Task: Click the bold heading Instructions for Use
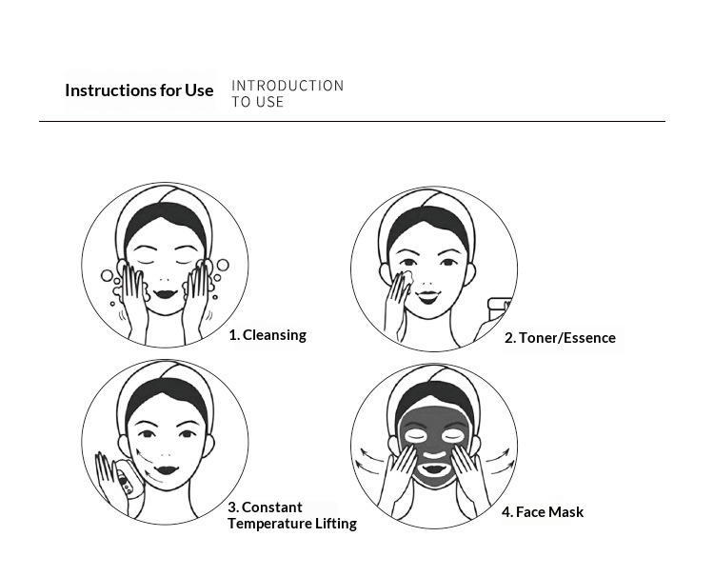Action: pos(139,90)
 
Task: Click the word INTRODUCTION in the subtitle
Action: pos(288,86)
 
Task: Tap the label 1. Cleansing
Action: pos(268,335)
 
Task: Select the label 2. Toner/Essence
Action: pos(560,338)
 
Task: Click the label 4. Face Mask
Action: pos(543,512)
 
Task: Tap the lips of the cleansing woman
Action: pos(165,294)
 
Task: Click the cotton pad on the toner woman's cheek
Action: pos(407,276)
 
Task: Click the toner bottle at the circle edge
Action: pos(499,305)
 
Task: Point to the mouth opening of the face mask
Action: pos(434,468)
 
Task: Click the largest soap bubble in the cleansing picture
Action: pos(223,265)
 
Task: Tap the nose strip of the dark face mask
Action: pos(435,454)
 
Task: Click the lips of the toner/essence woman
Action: pos(428,297)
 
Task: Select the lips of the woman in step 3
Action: pos(166,469)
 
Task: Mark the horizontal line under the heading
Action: pos(352,122)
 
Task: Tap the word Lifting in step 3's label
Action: pos(336,524)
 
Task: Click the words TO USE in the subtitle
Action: pos(258,102)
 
